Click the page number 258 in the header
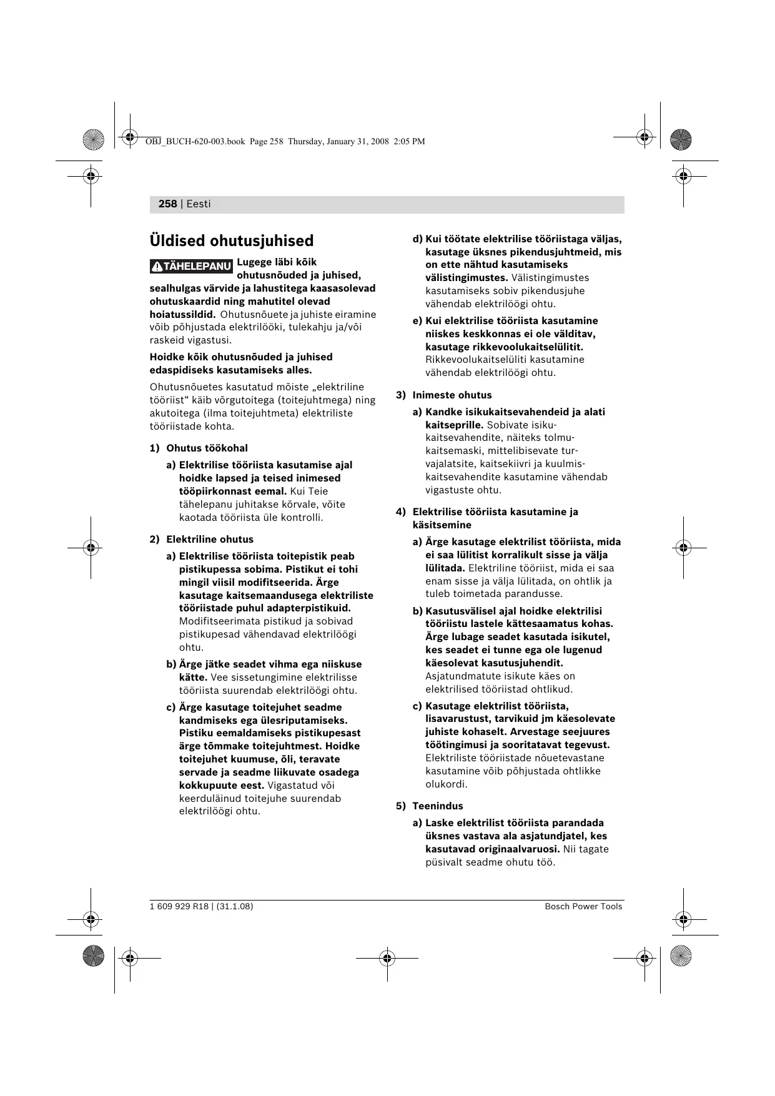click(167, 204)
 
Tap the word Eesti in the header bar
click(199, 204)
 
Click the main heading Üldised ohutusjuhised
click(231, 241)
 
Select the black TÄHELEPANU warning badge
click(191, 267)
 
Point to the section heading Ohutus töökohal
click(207, 448)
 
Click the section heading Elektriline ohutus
click(210, 540)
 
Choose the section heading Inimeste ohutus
click(452, 395)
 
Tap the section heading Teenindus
click(437, 806)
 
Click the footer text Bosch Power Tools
click(583, 907)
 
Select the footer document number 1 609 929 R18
click(179, 907)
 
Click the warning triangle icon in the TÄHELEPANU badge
click(156, 267)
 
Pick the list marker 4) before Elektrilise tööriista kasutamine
click(400, 512)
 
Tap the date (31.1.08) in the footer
click(235, 907)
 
